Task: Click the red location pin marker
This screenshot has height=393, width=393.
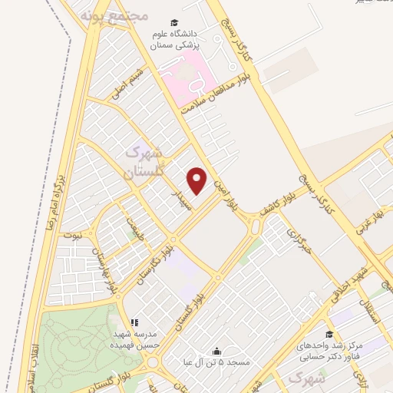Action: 198,180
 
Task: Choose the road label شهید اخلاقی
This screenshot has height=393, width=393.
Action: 355,280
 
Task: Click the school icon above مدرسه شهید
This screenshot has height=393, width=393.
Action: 134,323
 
